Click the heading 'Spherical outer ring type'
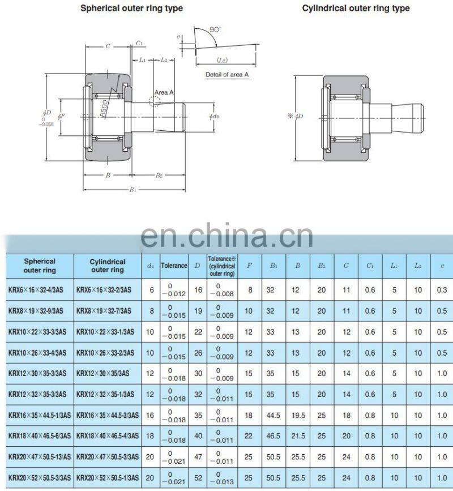pyautogui.click(x=131, y=8)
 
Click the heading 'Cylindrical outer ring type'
pyautogui.click(x=356, y=8)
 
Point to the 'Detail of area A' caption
pyautogui.click(x=227, y=75)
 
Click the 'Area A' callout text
pyautogui.click(x=164, y=92)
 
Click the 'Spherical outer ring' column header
pyautogui.click(x=40, y=266)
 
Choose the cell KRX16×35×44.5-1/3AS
pyautogui.click(x=40, y=415)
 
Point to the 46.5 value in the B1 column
pyautogui.click(x=273, y=436)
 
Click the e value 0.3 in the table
pyautogui.click(x=442, y=289)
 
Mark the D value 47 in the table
pyautogui.click(x=198, y=456)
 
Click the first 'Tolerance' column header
pyautogui.click(x=174, y=265)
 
